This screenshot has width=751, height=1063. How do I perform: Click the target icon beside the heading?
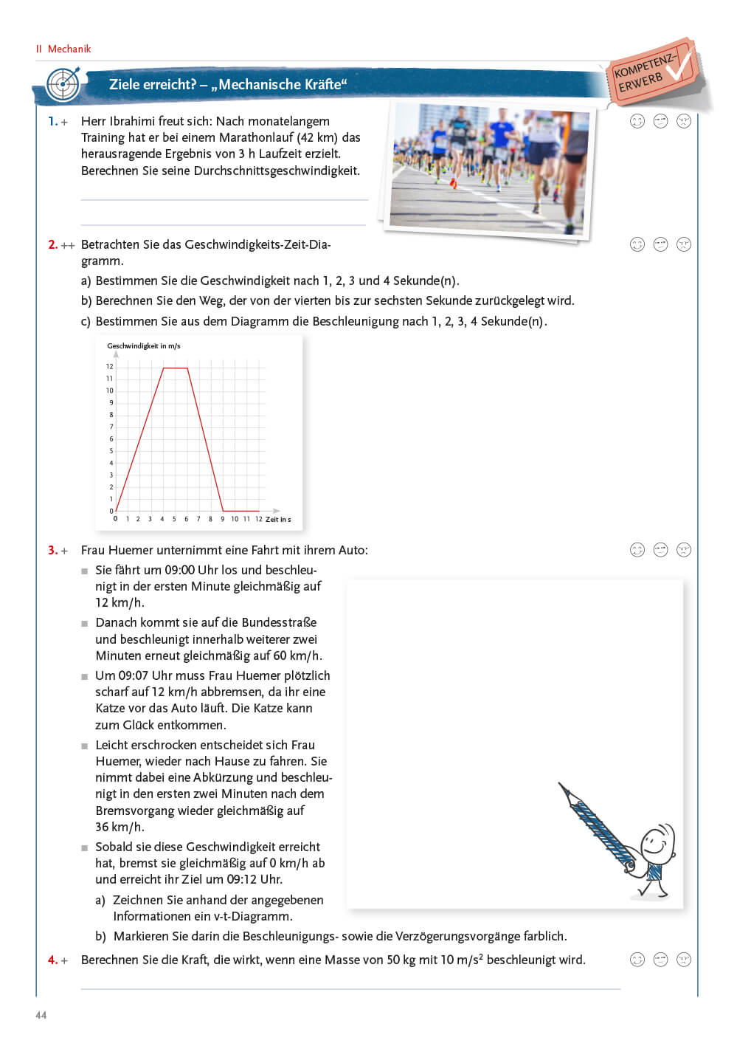(x=63, y=84)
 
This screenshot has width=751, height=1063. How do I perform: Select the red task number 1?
(x=52, y=121)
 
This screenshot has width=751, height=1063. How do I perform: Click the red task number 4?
(x=52, y=960)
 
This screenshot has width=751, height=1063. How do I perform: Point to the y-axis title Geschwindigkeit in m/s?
(x=144, y=345)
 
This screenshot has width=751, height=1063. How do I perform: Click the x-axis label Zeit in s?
(x=278, y=519)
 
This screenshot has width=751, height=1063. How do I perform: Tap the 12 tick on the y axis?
(x=110, y=366)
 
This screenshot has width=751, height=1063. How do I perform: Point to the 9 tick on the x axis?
(x=222, y=519)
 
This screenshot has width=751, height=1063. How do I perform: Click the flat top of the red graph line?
(x=176, y=368)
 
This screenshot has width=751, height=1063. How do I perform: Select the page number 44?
(x=41, y=1015)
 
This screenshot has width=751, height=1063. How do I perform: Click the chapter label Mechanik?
(x=69, y=49)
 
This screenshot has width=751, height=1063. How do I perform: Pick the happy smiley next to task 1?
(x=637, y=121)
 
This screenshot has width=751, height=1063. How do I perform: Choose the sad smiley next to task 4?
(x=684, y=960)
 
